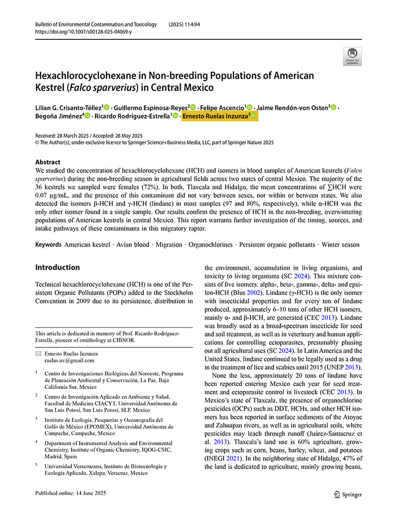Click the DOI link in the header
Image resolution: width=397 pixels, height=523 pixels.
coord(83,32)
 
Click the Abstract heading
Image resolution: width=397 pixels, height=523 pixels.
coord(47,162)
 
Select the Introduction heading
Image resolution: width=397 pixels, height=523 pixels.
coord(57,267)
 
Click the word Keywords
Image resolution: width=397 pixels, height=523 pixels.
coord(48,245)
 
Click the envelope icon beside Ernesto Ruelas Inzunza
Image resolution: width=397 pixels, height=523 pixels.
coord(38,353)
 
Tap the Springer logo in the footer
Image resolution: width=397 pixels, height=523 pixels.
coord(348,494)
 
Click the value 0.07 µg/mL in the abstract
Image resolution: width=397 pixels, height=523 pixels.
coord(53,196)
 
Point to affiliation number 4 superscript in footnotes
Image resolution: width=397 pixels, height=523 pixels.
coord(37,442)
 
